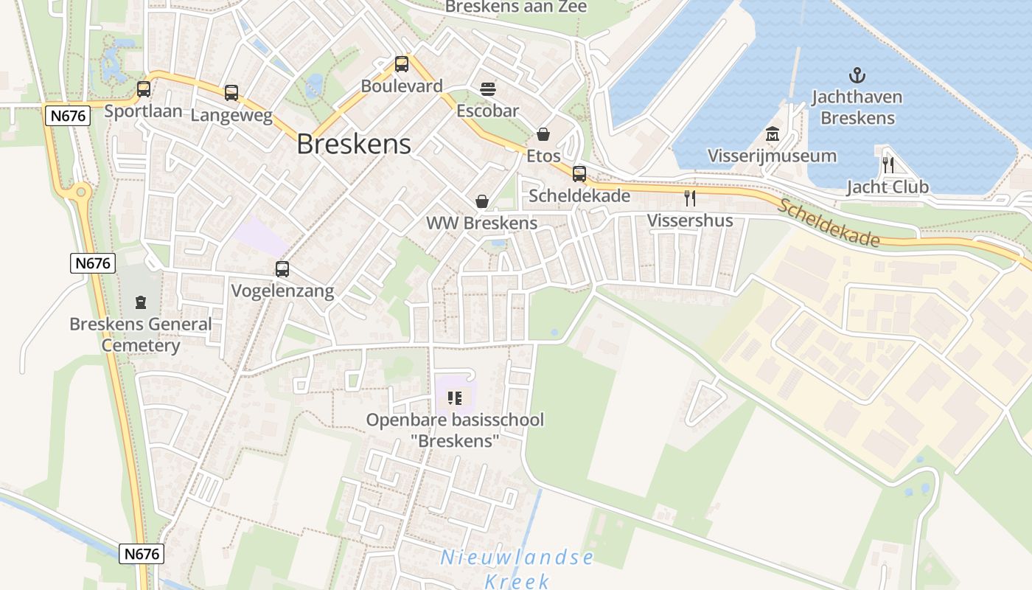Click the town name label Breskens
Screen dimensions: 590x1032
[354, 144]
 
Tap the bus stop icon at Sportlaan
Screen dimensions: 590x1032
[144, 89]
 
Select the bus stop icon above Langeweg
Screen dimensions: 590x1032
[231, 93]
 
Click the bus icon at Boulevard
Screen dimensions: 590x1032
[402, 64]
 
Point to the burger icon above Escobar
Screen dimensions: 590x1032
[487, 89]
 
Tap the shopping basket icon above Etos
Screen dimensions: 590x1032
[543, 134]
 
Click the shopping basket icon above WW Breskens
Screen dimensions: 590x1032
[481, 201]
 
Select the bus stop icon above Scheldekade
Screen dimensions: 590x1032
[579, 174]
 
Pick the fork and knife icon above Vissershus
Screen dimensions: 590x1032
[690, 198]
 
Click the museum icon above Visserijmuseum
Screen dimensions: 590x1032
[772, 134]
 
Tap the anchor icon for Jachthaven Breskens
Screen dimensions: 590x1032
[857, 74]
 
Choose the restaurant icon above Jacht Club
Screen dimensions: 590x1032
[888, 164]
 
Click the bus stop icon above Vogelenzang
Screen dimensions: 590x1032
[282, 269]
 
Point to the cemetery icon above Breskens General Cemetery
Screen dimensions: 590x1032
[140, 302]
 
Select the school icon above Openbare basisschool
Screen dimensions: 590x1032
[455, 399]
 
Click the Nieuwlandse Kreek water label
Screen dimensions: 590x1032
[517, 569]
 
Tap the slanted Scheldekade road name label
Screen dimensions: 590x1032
[829, 223]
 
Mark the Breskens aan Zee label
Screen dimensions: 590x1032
[516, 7]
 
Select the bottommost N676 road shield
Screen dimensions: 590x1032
[142, 553]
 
